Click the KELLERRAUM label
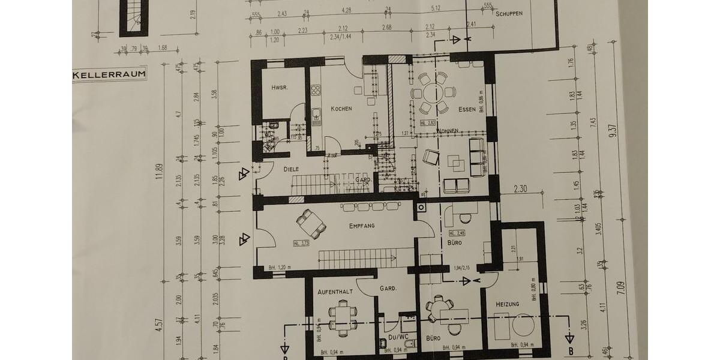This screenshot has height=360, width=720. (x=109, y=76)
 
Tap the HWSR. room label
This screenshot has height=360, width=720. (x=279, y=88)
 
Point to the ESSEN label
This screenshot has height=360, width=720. (x=466, y=109)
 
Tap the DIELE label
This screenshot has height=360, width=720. (x=292, y=169)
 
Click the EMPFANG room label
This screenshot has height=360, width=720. (x=362, y=226)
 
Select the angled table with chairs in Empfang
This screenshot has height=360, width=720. (x=312, y=223)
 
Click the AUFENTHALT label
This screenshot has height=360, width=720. (x=335, y=291)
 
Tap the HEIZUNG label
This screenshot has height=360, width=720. (x=507, y=304)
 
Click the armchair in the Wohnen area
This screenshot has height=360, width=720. (x=430, y=157)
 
